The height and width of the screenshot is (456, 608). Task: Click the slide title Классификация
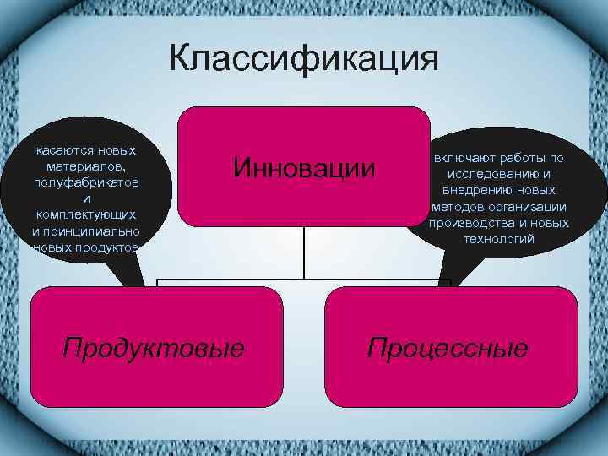point(303,60)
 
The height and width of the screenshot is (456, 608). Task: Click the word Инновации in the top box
point(304,167)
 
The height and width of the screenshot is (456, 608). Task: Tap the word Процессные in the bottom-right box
point(448,347)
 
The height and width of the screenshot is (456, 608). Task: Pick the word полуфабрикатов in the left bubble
point(87,182)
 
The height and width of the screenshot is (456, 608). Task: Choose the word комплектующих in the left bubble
point(87,214)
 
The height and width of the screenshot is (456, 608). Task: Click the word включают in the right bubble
point(463,158)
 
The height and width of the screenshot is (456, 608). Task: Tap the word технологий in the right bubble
point(499,239)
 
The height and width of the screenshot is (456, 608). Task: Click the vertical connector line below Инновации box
point(304,253)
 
